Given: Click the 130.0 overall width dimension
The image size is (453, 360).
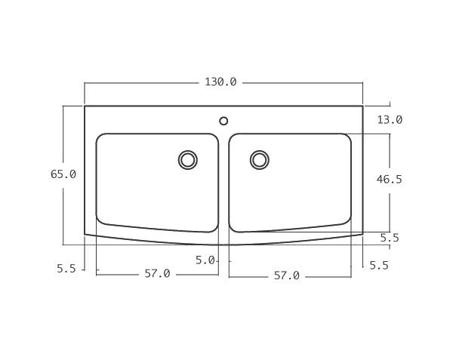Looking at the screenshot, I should [x=220, y=82].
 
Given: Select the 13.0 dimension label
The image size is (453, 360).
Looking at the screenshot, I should [x=390, y=120].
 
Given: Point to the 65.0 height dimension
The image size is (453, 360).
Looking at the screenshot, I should [x=63, y=174].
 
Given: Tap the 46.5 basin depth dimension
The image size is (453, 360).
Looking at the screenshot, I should [x=390, y=180].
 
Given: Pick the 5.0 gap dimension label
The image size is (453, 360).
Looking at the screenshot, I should [x=205, y=260].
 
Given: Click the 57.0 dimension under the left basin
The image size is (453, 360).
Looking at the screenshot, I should [x=157, y=274].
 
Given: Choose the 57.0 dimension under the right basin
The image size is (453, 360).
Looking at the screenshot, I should [x=286, y=276].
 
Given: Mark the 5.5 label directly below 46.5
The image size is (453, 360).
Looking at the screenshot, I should [x=390, y=238].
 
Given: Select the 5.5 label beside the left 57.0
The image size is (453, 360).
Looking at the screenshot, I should [x=66, y=268].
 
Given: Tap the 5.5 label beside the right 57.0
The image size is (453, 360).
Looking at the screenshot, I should [x=379, y=266].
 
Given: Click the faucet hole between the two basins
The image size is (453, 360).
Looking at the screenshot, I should [x=223, y=121].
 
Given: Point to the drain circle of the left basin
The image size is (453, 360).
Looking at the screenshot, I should [x=187, y=159].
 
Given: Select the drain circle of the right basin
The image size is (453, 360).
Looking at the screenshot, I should [x=260, y=159].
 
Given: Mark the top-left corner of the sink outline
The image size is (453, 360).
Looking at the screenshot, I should [x=85, y=106].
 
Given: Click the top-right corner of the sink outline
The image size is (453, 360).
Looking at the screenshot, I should [x=363, y=106].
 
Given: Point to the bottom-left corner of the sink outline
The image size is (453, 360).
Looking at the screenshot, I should [x=85, y=234].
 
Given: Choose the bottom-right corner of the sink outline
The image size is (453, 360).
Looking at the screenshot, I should [x=363, y=234].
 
